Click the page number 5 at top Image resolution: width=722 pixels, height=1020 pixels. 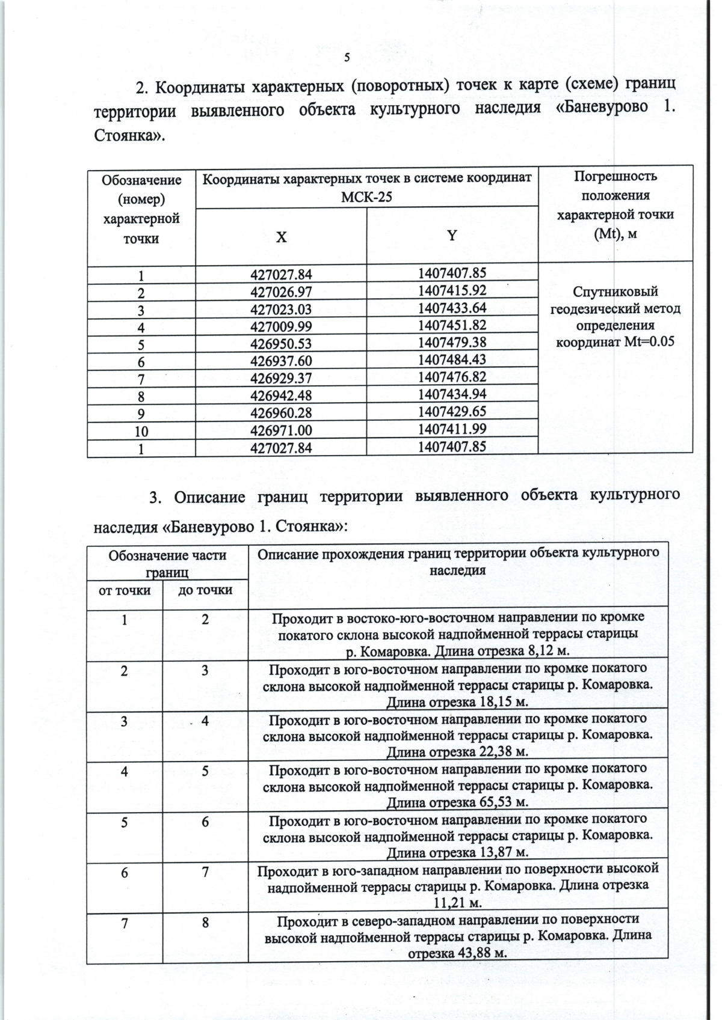point(347,58)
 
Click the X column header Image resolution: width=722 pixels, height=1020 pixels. point(281,237)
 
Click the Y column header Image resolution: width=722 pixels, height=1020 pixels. point(452,236)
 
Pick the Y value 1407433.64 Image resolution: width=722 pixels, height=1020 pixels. point(452,308)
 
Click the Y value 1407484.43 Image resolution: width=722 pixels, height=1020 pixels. point(452,359)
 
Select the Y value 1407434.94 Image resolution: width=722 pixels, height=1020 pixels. point(452,394)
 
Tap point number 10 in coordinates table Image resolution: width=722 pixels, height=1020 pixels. point(141,431)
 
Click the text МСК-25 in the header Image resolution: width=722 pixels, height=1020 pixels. point(366,196)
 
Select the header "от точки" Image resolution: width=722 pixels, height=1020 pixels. point(125,590)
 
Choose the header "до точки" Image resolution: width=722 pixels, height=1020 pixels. point(205,590)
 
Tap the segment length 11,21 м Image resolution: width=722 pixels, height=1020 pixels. point(458,903)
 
